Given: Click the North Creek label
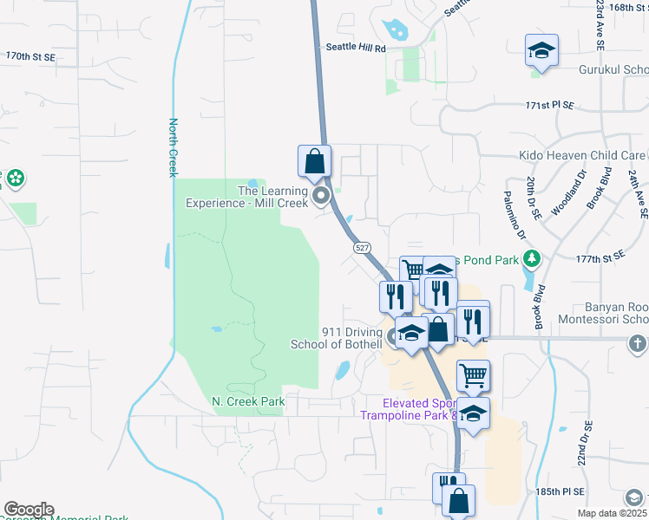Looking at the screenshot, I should pos(173,147).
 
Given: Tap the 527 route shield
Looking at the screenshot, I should pos(360,248).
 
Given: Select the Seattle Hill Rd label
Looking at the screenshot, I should pos(355,49).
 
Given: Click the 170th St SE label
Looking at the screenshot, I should pos(30,55).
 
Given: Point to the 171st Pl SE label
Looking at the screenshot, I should pos(550,105).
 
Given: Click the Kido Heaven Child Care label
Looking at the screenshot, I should pos(582,155).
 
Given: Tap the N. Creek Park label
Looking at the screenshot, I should pos(248,401).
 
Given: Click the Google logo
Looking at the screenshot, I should pos(28,510).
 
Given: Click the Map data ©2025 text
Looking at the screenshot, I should pos(613,513).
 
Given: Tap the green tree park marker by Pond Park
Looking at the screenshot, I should pos(532,258).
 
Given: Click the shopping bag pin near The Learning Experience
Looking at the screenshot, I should pos(314,161).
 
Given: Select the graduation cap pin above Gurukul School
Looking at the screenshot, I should pos(541,52).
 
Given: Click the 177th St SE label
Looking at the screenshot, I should pos(601,258).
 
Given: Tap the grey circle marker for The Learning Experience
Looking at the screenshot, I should pos(323,196).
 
